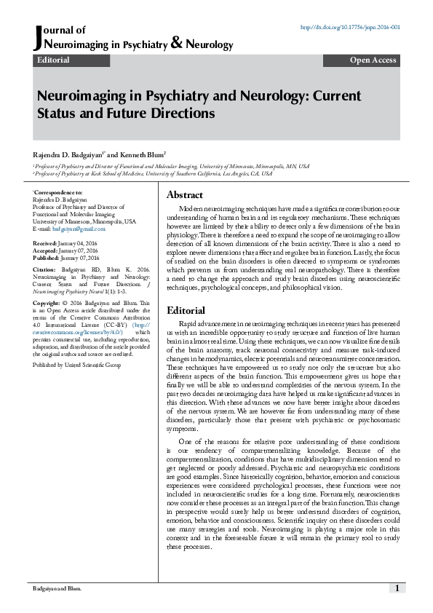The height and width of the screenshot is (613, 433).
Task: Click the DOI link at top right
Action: (x=351, y=28)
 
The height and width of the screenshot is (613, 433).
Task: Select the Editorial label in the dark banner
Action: (x=53, y=60)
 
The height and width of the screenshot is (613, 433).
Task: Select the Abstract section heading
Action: (x=185, y=195)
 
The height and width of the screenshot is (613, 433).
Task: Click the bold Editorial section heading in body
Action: (x=186, y=310)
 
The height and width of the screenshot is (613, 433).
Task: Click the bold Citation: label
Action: (x=45, y=269)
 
